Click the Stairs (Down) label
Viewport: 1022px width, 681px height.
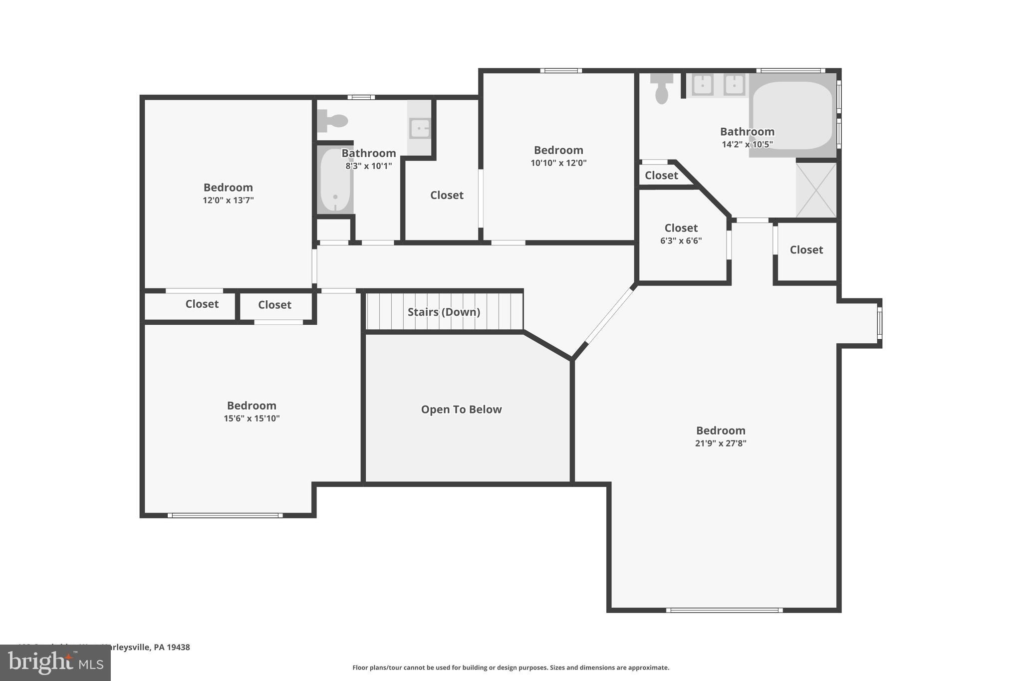[444, 312]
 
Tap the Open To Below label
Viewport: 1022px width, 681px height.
[461, 410]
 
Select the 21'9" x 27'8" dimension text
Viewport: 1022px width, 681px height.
[720, 443]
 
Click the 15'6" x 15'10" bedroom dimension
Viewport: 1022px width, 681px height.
[252, 419]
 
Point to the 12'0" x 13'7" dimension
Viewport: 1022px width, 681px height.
[228, 201]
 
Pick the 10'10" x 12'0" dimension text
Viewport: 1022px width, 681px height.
[558, 163]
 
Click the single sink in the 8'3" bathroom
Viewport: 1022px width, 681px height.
[420, 128]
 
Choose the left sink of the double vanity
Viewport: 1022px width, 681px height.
[702, 85]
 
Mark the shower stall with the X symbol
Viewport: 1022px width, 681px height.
[816, 190]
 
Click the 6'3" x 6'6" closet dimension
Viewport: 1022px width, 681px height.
[681, 241]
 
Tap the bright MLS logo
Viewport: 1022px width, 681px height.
[55, 663]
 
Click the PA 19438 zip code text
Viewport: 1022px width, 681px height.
[172, 647]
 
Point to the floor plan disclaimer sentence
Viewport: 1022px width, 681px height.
[511, 668]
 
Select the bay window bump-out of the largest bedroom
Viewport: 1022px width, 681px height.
[860, 323]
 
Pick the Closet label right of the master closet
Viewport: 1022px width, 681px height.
[806, 250]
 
